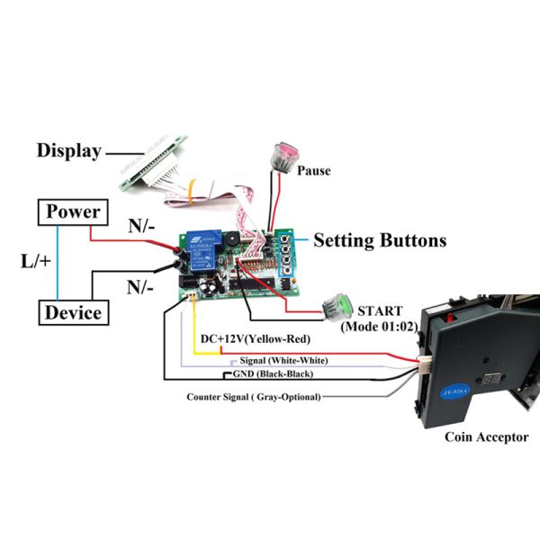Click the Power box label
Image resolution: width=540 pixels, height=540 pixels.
pyautogui.click(x=73, y=212)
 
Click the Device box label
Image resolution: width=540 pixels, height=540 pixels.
pyautogui.click(x=73, y=313)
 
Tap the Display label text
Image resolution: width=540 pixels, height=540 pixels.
pyautogui.click(x=68, y=150)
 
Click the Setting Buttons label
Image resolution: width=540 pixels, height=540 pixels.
pyautogui.click(x=379, y=240)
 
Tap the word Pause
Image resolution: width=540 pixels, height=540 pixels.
pyautogui.click(x=314, y=169)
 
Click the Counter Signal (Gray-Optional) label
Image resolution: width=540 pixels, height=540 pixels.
pyautogui.click(x=253, y=396)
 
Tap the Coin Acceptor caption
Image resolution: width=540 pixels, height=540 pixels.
pyautogui.click(x=487, y=437)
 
